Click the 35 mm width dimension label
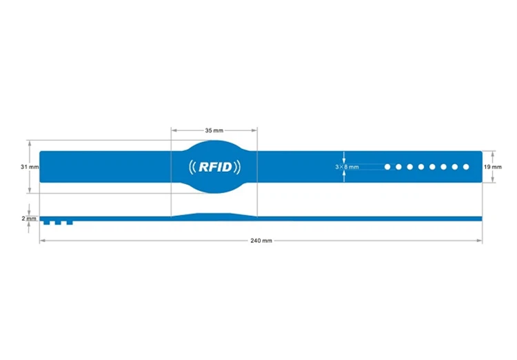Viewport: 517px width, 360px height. [x=214, y=130]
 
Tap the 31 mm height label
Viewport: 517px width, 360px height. [x=30, y=167]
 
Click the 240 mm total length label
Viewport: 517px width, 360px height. [x=261, y=240]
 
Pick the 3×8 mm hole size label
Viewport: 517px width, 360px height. [x=347, y=167]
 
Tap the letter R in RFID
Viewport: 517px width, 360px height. [x=205, y=166]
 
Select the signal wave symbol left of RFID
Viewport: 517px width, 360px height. [x=192, y=166]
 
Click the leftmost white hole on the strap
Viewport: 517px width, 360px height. [x=387, y=167]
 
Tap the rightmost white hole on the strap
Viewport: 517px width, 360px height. [x=466, y=167]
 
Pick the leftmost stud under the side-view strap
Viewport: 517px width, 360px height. [x=47, y=223]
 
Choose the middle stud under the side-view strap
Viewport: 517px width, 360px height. [x=58, y=223]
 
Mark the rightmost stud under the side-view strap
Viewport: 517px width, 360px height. [x=69, y=223]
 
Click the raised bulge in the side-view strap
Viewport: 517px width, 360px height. [x=214, y=216]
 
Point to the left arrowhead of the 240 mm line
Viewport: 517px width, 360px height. [x=42, y=240]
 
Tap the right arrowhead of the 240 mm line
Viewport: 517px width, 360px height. [x=480, y=240]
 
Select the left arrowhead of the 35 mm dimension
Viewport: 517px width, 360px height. [x=173, y=130]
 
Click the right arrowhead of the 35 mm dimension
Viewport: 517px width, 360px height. [x=255, y=130]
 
